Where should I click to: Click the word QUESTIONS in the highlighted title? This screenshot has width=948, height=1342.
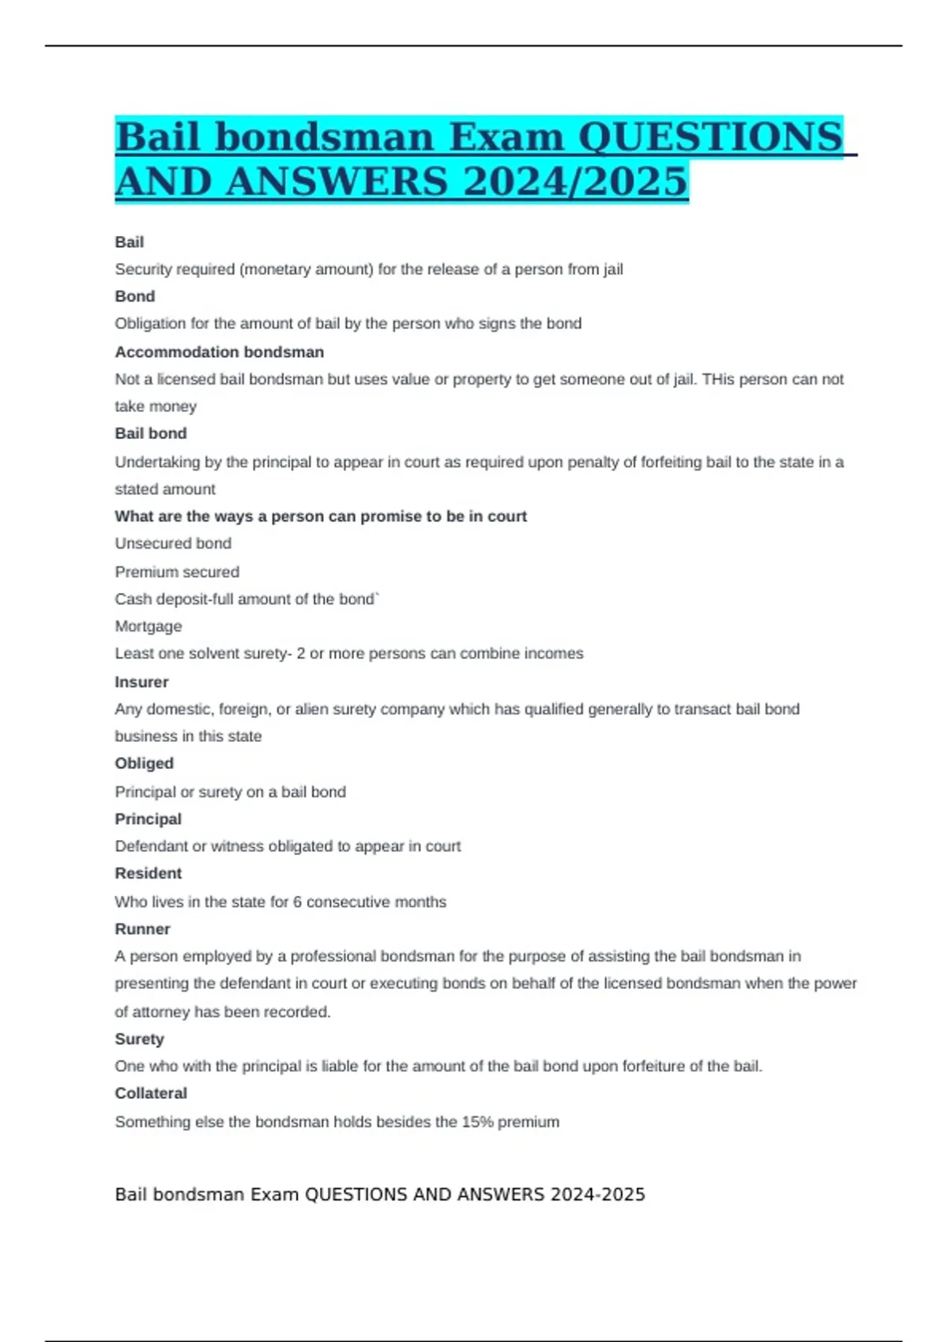(x=710, y=137)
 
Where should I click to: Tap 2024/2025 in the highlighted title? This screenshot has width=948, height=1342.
(x=575, y=182)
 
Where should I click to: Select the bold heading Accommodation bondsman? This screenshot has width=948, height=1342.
(x=219, y=352)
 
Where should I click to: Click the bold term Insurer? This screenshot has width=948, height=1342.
(x=141, y=682)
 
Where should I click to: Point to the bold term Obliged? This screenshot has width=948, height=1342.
(x=144, y=763)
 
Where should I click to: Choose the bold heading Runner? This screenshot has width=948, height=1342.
(x=142, y=929)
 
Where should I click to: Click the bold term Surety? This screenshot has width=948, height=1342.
(x=139, y=1039)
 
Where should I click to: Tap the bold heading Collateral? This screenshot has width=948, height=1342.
(x=151, y=1093)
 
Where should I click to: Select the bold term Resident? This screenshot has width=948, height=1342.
(x=148, y=873)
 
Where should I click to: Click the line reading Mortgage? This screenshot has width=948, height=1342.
(x=149, y=626)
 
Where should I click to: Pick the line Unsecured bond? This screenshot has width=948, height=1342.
(x=173, y=543)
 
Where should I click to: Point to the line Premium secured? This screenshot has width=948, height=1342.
(x=177, y=572)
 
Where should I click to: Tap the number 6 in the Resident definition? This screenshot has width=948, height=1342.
(x=297, y=902)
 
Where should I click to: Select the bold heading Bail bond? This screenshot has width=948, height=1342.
(x=151, y=433)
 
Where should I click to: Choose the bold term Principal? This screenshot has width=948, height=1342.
(x=148, y=819)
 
